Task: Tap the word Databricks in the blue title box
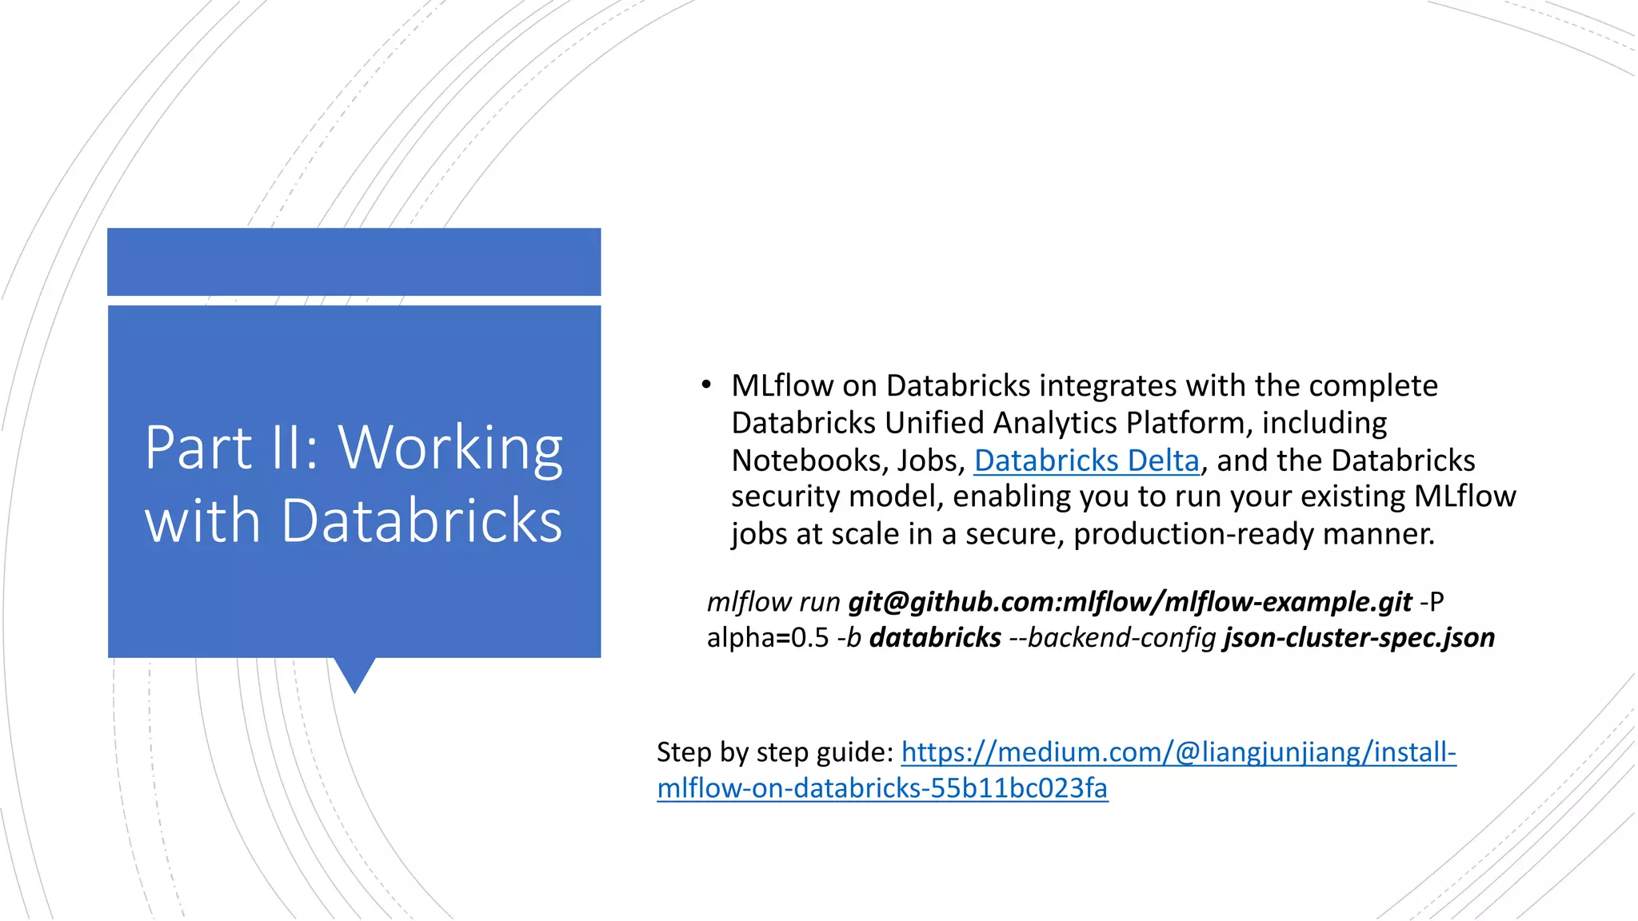tap(421, 520)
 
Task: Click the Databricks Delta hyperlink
tap(1086, 460)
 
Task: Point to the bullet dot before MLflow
tap(705, 385)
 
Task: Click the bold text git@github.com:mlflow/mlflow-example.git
tap(1129, 602)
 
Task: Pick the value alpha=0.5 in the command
tap(768, 638)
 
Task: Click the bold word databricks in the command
tap(935, 638)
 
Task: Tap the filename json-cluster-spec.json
tap(1359, 638)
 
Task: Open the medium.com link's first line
tap(1178, 752)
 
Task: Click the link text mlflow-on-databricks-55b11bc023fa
tap(882, 788)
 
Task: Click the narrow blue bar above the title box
tap(354, 261)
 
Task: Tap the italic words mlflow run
tap(773, 602)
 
